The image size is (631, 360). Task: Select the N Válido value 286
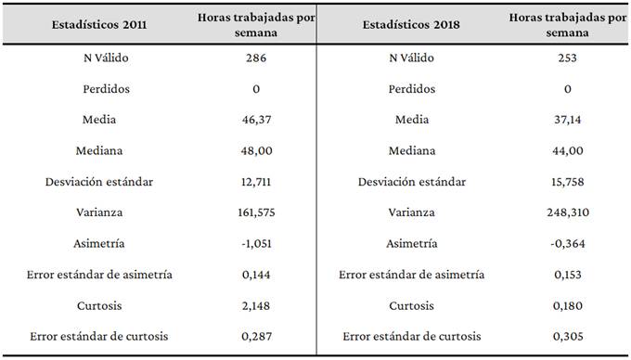pyautogui.click(x=256, y=58)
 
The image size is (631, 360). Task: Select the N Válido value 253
pyautogui.click(x=569, y=58)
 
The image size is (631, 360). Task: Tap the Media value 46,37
pyautogui.click(x=256, y=120)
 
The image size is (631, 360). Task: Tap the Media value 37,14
pyautogui.click(x=569, y=120)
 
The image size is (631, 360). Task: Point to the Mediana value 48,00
pyautogui.click(x=256, y=151)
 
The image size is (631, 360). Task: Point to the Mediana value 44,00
pyautogui.click(x=569, y=151)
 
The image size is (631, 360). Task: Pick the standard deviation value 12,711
pyautogui.click(x=256, y=182)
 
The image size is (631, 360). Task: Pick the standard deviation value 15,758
pyautogui.click(x=569, y=182)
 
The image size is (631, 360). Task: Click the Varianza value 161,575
pyautogui.click(x=256, y=212)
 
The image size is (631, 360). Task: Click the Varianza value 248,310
pyautogui.click(x=569, y=212)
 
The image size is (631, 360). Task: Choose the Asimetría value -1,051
pyautogui.click(x=256, y=243)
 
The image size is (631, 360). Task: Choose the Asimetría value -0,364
pyautogui.click(x=569, y=243)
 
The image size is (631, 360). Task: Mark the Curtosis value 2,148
pyautogui.click(x=256, y=304)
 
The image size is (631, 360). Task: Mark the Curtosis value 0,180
pyautogui.click(x=569, y=304)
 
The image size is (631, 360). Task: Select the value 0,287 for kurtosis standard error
pyautogui.click(x=256, y=335)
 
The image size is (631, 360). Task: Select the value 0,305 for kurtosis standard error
pyautogui.click(x=569, y=335)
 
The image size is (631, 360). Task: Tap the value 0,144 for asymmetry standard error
pyautogui.click(x=256, y=274)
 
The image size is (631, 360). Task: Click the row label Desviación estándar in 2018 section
pyautogui.click(x=412, y=182)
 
